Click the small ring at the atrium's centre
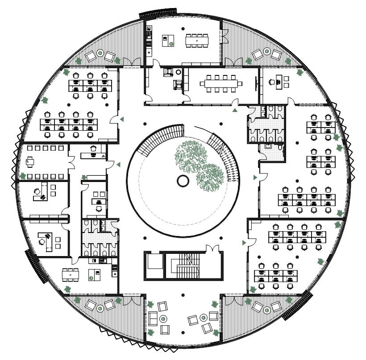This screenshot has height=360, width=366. tap(183, 181)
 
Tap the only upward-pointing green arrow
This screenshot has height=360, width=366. tap(235, 110)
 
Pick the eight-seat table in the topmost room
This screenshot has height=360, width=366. tap(197, 41)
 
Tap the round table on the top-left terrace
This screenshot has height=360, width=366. tap(100, 53)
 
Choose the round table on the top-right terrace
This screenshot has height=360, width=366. tap(266, 52)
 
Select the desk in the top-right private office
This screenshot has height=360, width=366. tap(278, 82)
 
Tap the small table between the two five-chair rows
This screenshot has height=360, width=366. tap(31, 161)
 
